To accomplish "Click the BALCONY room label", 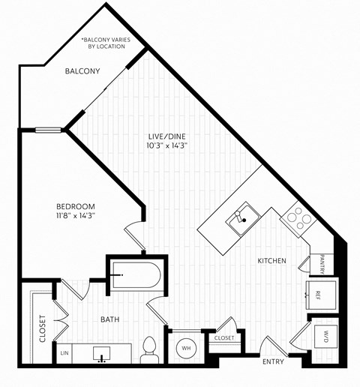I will [82, 71].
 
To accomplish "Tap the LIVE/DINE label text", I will [166, 136].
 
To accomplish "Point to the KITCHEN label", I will [272, 260].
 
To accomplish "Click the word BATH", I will [111, 319].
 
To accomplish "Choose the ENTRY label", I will [274, 361].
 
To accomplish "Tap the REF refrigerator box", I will [317, 295].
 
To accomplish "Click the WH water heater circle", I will [184, 347].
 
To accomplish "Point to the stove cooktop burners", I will [298, 219].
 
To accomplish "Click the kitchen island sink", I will [240, 218].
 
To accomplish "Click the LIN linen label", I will [64, 351].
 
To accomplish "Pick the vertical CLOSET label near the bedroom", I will [42, 328].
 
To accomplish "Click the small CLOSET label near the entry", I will [223, 338].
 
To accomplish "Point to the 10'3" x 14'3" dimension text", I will [166, 146].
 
